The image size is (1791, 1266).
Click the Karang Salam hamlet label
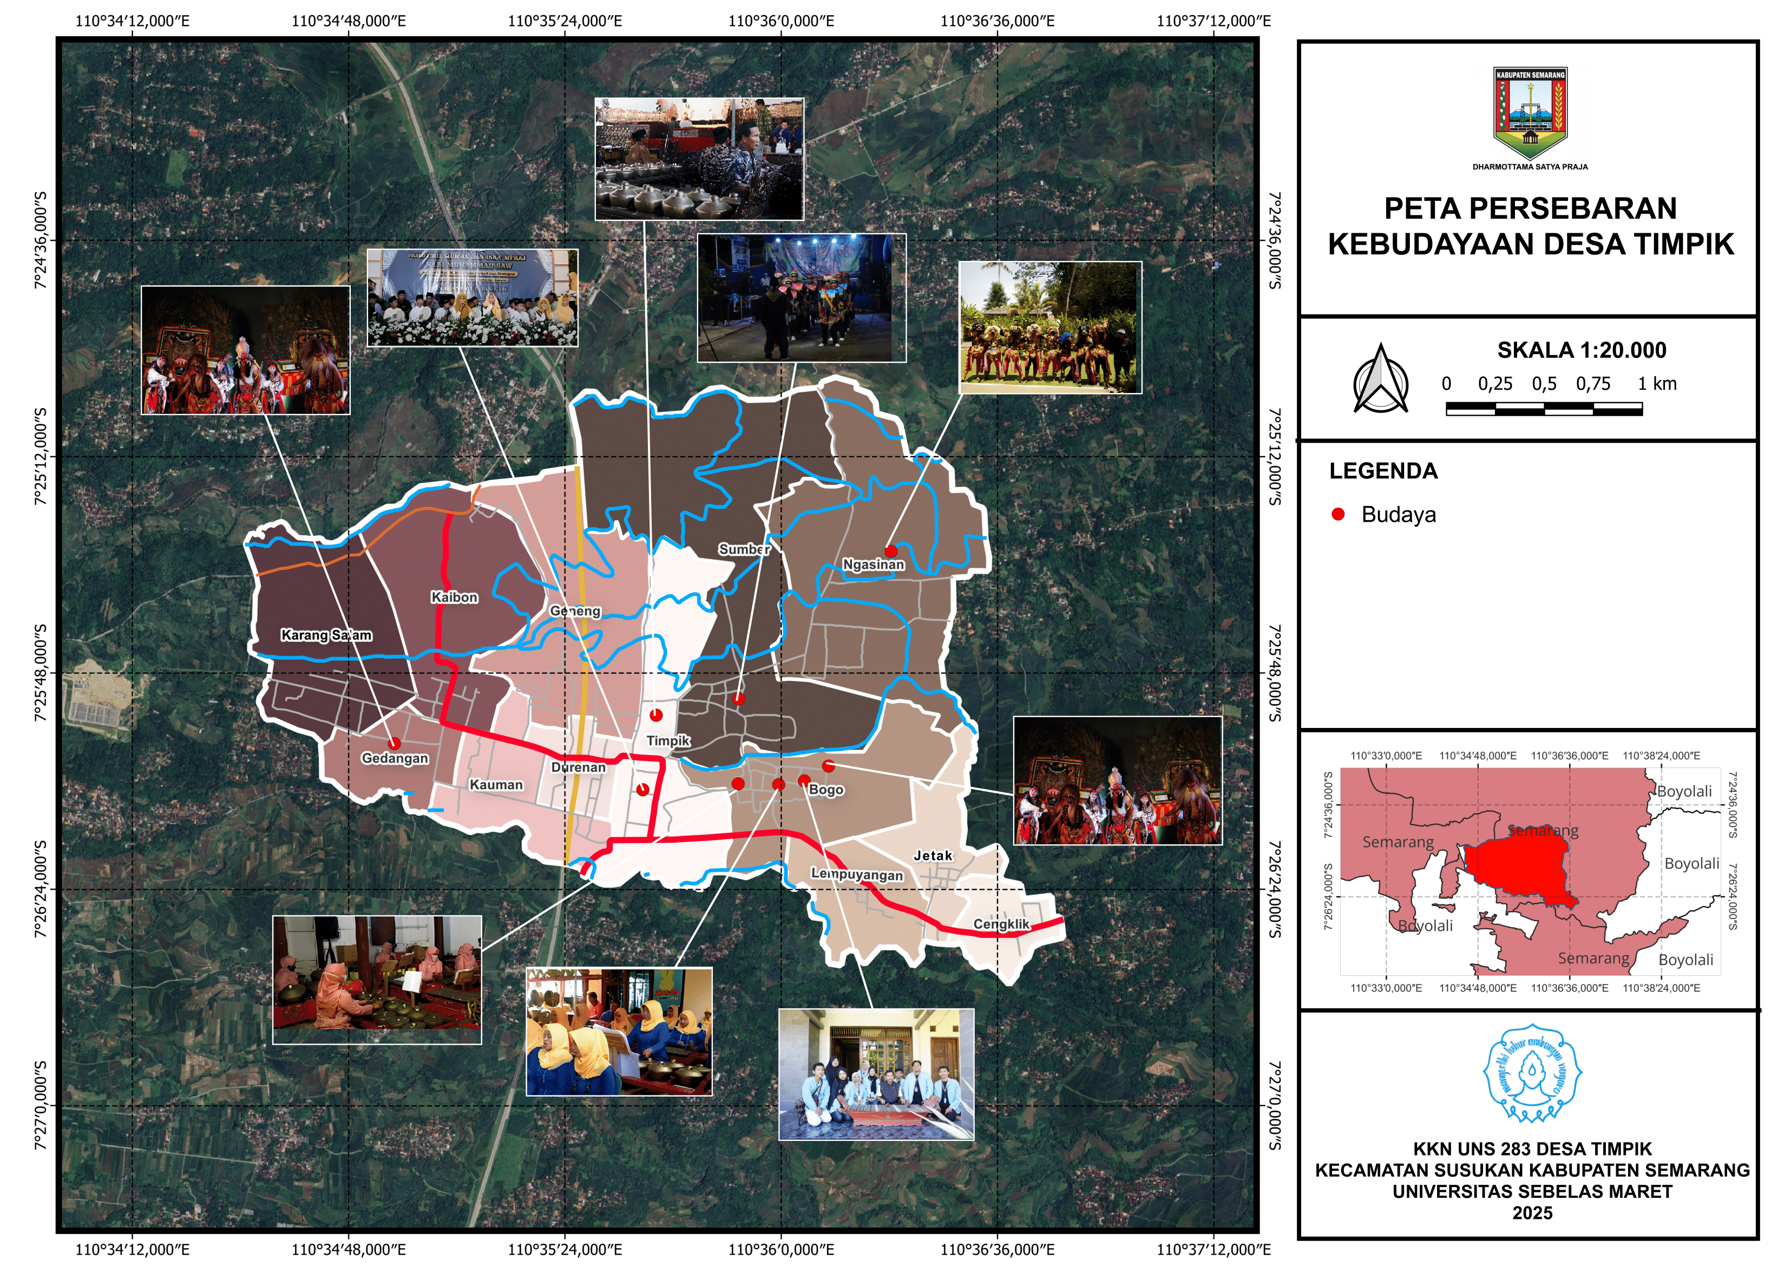tap(326, 635)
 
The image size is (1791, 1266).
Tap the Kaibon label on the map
tap(454, 598)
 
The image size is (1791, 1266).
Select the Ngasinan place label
tap(873, 565)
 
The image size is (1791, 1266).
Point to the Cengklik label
tap(1001, 924)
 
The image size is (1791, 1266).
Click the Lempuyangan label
tap(856, 875)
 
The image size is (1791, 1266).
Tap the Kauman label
tap(496, 785)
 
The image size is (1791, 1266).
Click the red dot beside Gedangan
tap(394, 743)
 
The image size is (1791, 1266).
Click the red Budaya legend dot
tap(1338, 514)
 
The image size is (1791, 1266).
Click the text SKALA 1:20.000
tap(1581, 350)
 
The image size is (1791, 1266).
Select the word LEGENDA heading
tap(1383, 471)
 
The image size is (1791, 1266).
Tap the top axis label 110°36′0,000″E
tap(781, 21)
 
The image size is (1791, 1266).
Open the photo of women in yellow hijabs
tap(619, 1031)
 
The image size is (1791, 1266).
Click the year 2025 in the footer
tap(1532, 1213)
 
